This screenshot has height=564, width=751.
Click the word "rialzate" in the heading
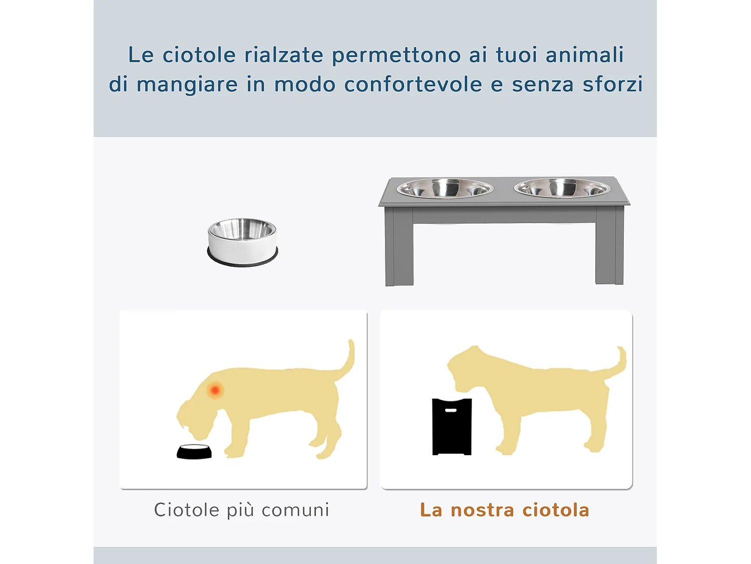(283, 55)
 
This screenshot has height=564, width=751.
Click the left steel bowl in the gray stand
(445, 189)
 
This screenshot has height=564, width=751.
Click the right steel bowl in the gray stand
(562, 189)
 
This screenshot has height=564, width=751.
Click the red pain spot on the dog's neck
(215, 390)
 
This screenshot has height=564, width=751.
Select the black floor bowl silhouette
(194, 452)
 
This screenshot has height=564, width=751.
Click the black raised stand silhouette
(452, 429)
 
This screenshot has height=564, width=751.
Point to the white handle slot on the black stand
(451, 410)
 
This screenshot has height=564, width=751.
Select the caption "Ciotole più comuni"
(241, 510)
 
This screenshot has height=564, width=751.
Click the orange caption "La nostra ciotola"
(505, 510)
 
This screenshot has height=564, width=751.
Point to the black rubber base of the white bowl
(242, 261)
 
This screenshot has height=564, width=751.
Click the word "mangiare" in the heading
(187, 84)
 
